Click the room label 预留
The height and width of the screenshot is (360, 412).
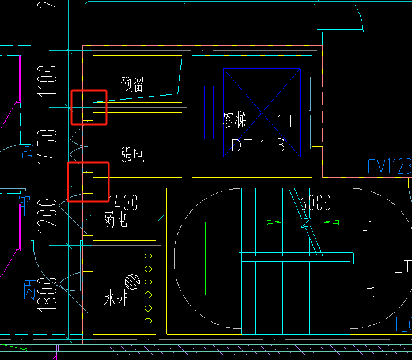pos(133,84)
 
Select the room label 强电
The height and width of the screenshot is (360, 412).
pos(133,154)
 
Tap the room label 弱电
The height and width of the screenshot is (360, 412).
pos(116,219)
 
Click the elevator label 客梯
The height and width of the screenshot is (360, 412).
pos(235,120)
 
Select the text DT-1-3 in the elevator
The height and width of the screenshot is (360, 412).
pos(258,145)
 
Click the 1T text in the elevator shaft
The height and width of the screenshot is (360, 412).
pos(286,120)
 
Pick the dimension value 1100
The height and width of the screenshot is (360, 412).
pos(51,80)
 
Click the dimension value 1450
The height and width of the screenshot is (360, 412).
pos(51,146)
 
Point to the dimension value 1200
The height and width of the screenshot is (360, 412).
pos(51,216)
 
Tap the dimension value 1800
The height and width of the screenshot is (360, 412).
pos(51,294)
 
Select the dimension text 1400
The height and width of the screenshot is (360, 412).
pos(123,202)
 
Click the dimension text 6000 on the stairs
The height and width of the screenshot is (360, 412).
pos(315,203)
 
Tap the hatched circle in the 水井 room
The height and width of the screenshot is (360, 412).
pos(133,282)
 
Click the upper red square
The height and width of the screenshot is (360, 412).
pos(89,107)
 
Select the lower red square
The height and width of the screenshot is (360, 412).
pos(88,182)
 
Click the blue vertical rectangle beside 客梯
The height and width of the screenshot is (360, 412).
pos(209,112)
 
